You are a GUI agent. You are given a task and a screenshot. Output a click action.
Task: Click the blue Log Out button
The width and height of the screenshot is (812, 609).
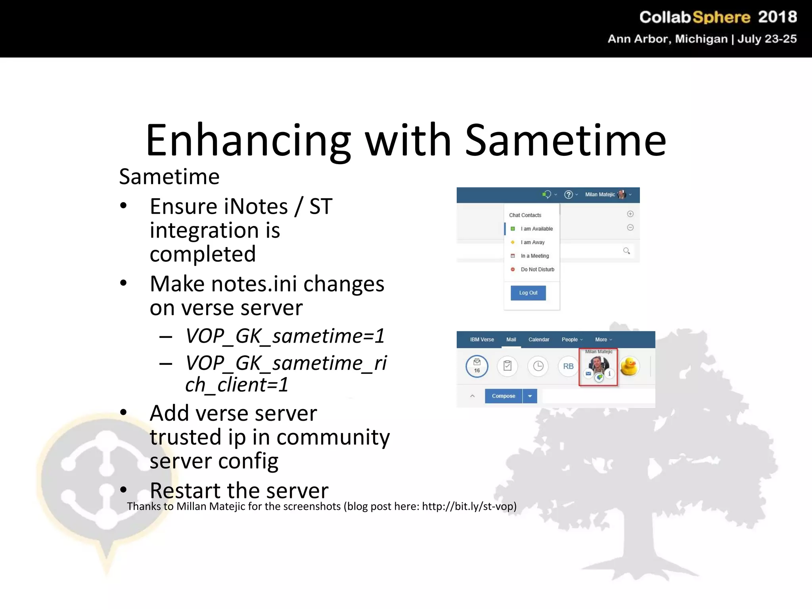pos(528,293)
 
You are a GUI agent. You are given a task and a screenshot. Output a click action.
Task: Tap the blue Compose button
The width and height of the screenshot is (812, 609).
pos(503,396)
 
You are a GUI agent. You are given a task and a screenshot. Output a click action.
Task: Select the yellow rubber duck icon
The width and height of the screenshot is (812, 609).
pos(629,366)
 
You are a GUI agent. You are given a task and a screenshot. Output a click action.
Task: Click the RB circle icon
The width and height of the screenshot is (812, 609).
pos(568,366)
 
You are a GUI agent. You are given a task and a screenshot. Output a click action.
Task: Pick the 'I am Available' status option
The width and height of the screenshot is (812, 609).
pos(536,229)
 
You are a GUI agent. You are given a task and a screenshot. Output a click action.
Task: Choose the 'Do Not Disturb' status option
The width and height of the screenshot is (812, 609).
pos(537,270)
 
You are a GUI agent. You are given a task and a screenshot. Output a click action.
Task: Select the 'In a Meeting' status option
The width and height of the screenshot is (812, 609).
pos(534,256)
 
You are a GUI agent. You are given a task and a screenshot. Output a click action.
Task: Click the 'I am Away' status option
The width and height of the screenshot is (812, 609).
pos(532,242)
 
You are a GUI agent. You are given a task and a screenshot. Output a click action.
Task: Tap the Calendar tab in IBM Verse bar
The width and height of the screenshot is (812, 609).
pos(538,340)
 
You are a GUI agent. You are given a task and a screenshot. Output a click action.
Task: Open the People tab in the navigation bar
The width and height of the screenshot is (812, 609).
pos(570,340)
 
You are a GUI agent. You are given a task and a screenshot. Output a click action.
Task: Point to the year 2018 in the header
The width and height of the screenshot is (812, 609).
pos(777,17)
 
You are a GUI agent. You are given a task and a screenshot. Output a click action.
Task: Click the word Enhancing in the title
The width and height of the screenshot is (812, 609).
pos(248,141)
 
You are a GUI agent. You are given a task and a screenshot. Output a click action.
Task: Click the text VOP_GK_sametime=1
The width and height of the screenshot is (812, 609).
pos(285,336)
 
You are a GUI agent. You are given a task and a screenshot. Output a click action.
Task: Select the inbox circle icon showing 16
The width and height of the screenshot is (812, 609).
pos(477,366)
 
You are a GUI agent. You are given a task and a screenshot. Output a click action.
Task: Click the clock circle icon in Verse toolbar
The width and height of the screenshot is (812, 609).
pos(538,366)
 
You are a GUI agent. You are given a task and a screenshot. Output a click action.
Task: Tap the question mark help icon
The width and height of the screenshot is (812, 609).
pos(569,195)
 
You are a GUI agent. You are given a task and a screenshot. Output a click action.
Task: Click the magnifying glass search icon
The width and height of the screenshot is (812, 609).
pos(626,251)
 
